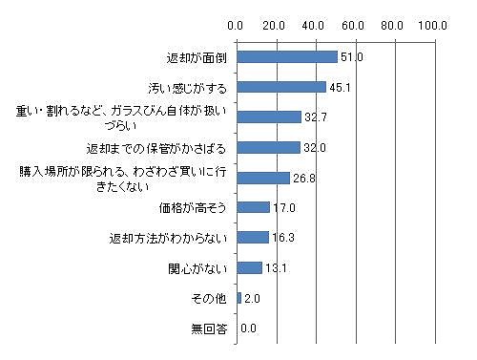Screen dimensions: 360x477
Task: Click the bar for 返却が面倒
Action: tap(286, 57)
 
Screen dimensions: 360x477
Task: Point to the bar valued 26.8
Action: tap(262, 178)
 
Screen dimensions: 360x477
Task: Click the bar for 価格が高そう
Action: tap(253, 207)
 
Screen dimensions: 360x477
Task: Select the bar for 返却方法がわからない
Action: tap(252, 237)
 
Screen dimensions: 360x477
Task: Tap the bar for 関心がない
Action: tap(249, 267)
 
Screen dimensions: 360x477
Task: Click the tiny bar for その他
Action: tap(238, 298)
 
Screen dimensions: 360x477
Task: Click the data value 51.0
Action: tap(352, 58)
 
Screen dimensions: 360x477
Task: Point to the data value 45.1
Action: tap(341, 88)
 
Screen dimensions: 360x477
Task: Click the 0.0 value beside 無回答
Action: tap(249, 328)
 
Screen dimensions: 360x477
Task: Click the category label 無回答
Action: tap(210, 329)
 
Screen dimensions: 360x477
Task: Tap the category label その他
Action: tap(210, 299)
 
